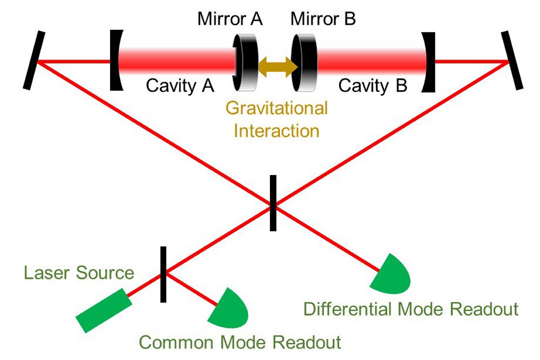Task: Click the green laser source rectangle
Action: tap(103, 310)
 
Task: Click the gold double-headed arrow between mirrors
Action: tap(278, 67)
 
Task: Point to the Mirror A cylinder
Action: tap(245, 62)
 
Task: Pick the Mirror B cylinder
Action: tap(304, 62)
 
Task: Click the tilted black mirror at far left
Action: tap(34, 60)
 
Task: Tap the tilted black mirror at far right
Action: tap(512, 60)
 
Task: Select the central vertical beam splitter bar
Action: tap(273, 203)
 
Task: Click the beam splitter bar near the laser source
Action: tap(163, 274)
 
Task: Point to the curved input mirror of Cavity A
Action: tap(116, 60)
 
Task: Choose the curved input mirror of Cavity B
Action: tap(428, 62)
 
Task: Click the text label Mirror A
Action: tap(230, 18)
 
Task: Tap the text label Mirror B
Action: tap(323, 18)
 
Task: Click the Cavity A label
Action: tap(180, 85)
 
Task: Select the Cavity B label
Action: tap(373, 85)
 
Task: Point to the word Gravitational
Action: tap(276, 108)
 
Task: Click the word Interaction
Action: tap(276, 131)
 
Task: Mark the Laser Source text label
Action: tap(79, 273)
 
